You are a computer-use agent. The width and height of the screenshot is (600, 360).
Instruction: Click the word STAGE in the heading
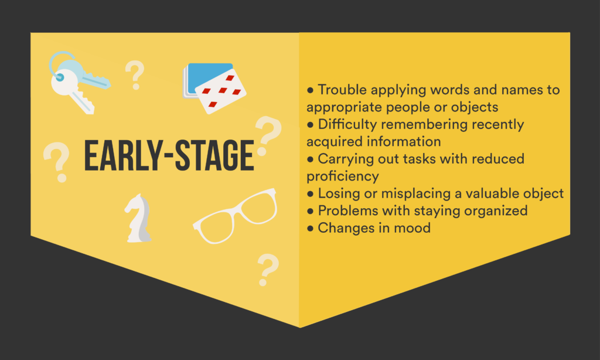point(214,155)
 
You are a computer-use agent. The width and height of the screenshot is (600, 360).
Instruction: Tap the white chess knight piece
point(138,218)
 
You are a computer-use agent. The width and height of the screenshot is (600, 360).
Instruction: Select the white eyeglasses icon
point(236,216)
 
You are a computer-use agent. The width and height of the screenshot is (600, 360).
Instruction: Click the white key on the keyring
point(71,91)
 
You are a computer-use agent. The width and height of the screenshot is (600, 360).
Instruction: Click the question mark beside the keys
point(135,75)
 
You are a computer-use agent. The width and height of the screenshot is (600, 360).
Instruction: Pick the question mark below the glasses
point(268,270)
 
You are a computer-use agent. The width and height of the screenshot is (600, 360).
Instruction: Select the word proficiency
point(343,176)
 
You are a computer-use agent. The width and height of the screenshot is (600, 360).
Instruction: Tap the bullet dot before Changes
point(311,229)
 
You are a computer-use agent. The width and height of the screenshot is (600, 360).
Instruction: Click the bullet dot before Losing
point(311,194)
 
